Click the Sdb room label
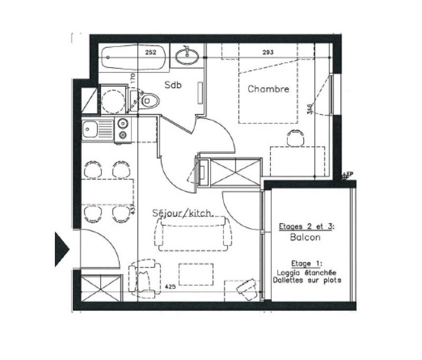point(173,85)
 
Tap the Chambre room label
point(268,89)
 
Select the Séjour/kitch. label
point(182,214)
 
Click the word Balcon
point(305,238)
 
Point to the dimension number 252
point(152,52)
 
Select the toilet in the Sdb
point(148,99)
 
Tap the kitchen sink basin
point(91,128)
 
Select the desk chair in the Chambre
point(296,138)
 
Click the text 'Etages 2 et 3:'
point(306,227)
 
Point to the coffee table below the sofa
point(195,274)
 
